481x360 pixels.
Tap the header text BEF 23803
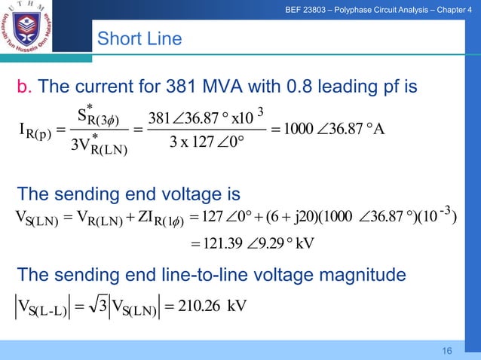[x=326, y=10]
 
